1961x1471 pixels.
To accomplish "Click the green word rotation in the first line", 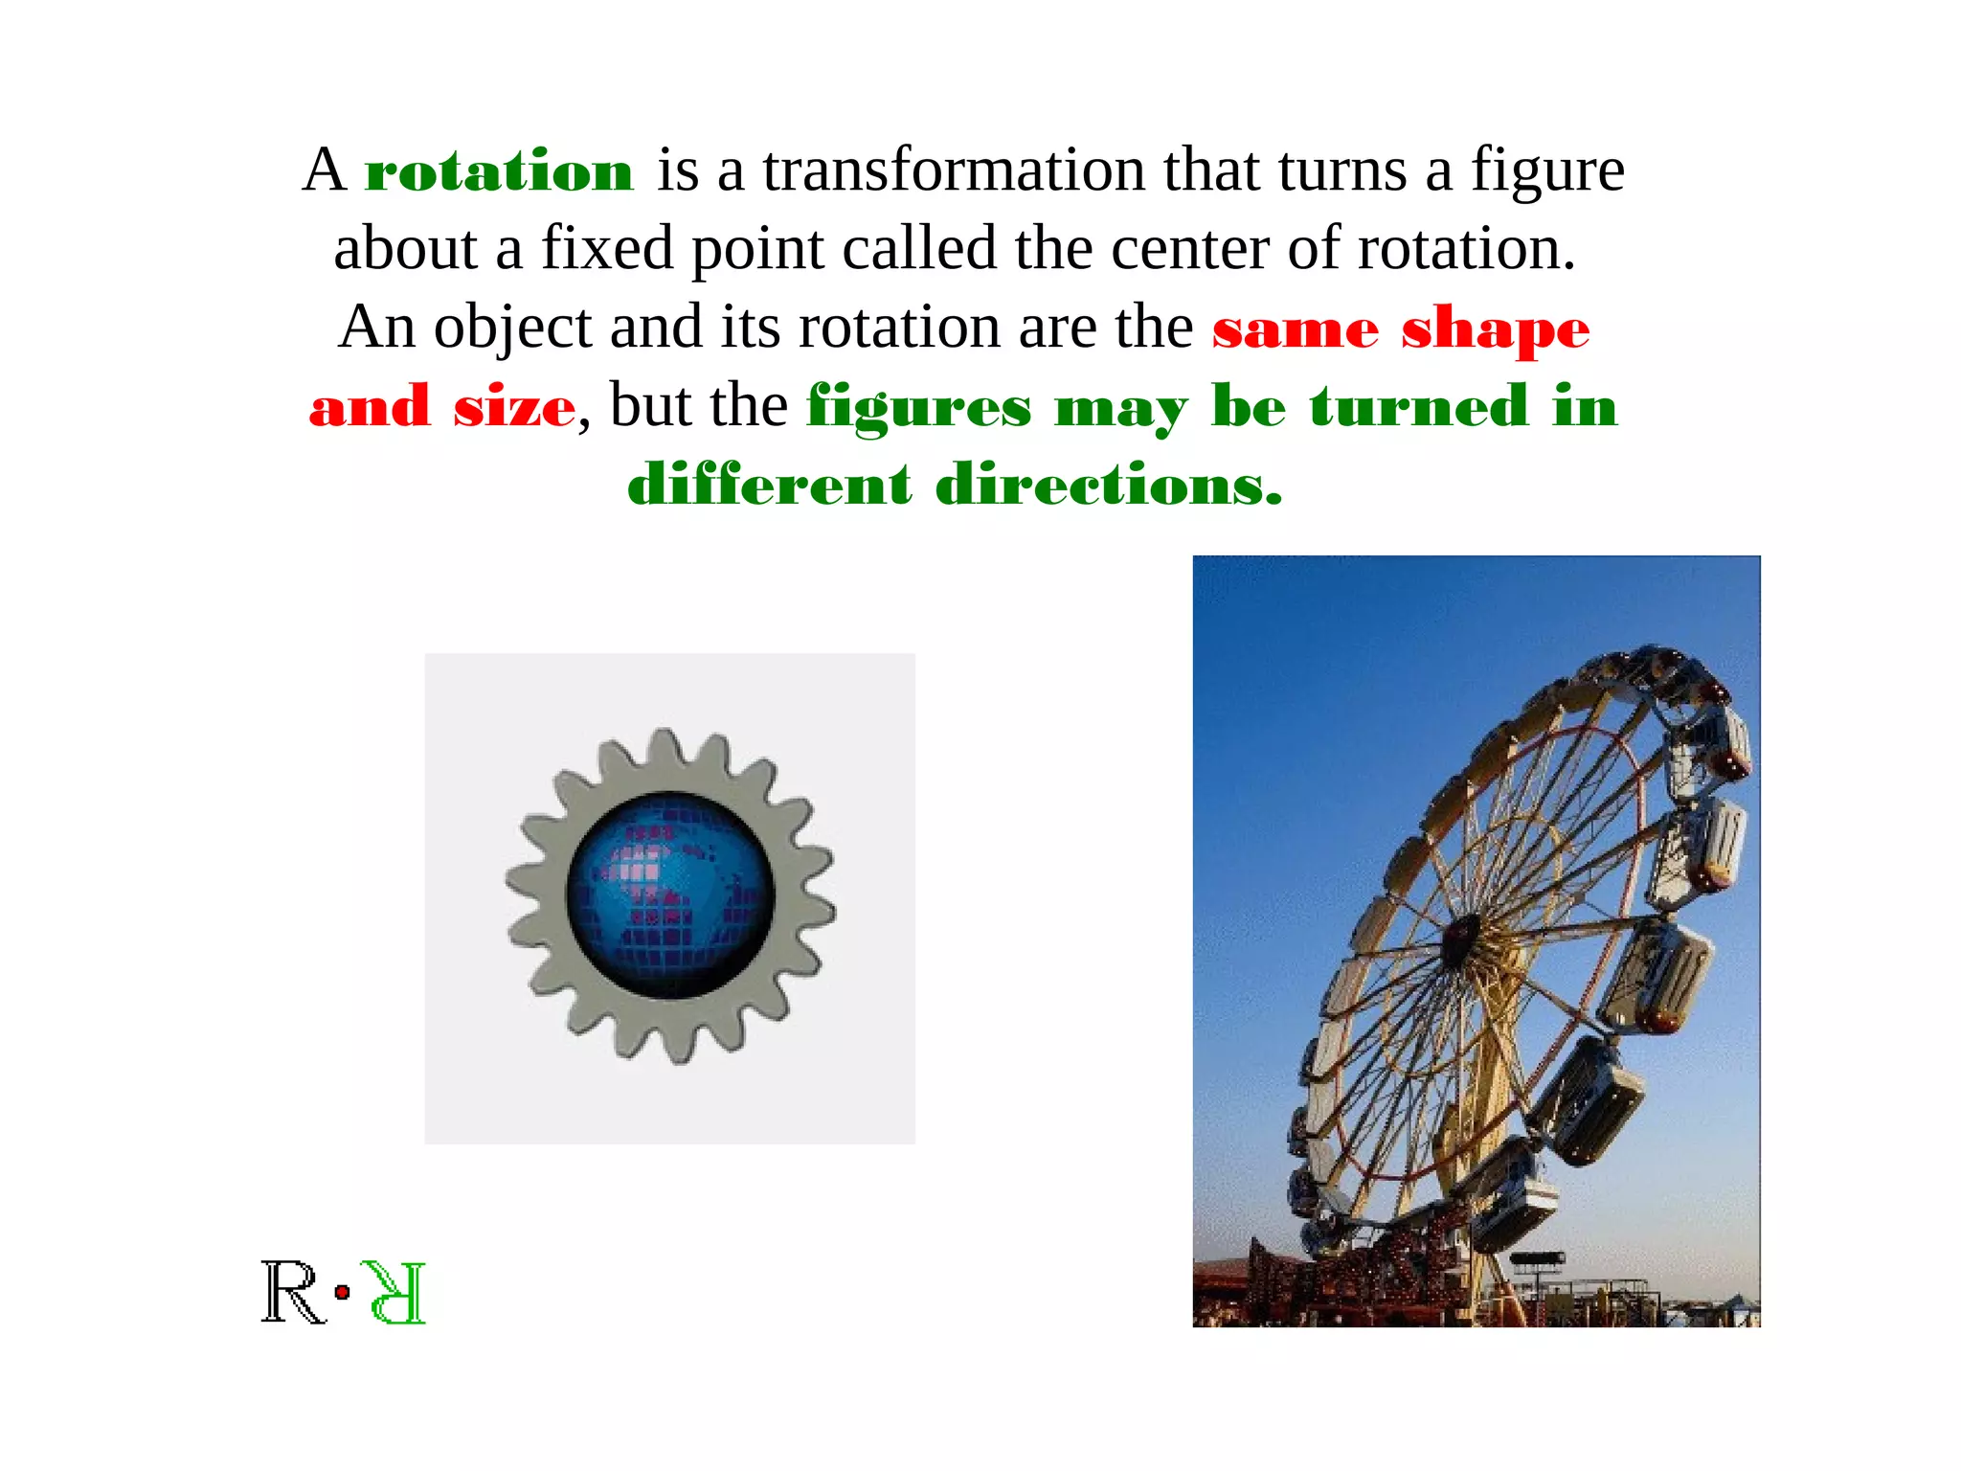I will pos(499,172).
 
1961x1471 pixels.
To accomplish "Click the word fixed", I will pos(607,249).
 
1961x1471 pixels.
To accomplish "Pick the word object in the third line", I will pos(512,328).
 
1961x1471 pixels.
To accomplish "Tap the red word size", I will pos(514,407).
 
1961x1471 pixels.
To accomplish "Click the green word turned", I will pos(1419,406).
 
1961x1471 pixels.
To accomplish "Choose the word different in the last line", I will pos(769,484).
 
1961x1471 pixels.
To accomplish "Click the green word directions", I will pos(1108,485).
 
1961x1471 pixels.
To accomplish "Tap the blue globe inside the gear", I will pos(670,896).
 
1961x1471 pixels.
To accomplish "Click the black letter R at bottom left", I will pos(293,1293).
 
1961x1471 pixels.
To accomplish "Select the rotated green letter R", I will pos(395,1293).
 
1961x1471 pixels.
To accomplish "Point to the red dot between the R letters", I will pos(342,1293).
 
